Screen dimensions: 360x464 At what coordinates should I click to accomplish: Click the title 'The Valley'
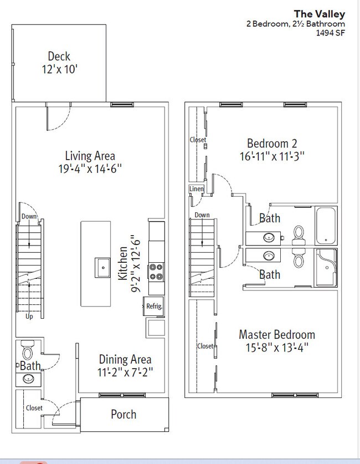[x=319, y=14]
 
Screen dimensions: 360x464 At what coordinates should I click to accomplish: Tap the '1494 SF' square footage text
[x=331, y=33]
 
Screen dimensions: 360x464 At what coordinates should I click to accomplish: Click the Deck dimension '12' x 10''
[x=59, y=69]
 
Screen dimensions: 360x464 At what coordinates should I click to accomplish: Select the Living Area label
[x=90, y=156]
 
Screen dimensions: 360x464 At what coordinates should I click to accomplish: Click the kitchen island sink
[x=102, y=268]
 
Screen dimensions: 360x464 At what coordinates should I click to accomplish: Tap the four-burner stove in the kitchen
[x=156, y=272]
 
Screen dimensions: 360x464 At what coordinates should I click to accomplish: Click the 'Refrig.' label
[x=155, y=306]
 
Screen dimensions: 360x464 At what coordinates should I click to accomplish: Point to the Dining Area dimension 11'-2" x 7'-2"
[x=125, y=372]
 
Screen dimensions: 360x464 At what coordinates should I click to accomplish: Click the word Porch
[x=124, y=414]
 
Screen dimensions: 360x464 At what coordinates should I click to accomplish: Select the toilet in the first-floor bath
[x=28, y=350]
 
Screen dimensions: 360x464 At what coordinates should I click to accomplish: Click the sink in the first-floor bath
[x=28, y=379]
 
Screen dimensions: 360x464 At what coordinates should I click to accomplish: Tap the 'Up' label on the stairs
[x=29, y=317]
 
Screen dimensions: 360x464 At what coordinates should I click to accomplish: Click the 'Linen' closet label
[x=196, y=189]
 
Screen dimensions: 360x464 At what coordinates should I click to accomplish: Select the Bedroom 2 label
[x=272, y=143]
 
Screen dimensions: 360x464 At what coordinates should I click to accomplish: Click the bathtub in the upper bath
[x=326, y=226]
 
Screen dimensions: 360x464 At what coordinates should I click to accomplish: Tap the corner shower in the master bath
[x=327, y=268]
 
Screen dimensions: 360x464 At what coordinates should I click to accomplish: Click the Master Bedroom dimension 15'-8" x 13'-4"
[x=277, y=348]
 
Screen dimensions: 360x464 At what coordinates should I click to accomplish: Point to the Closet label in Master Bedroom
[x=205, y=346]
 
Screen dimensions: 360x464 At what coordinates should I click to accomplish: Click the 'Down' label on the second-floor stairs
[x=202, y=215]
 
